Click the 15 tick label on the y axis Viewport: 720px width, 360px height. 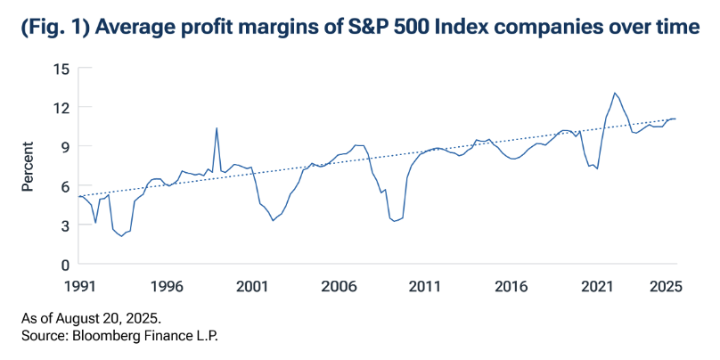pos(61,68)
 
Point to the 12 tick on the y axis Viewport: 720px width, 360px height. pos(61,107)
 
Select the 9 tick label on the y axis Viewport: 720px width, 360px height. pos(64,146)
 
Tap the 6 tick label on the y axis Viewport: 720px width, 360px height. pos(64,185)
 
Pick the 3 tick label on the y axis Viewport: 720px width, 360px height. pos(64,225)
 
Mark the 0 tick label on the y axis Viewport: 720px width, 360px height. pos(64,265)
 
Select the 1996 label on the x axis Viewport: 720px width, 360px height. pos(167,287)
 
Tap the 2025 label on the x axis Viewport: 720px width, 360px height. pos(667,287)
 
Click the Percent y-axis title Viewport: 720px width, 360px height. pos(28,166)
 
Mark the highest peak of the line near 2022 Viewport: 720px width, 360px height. pos(615,93)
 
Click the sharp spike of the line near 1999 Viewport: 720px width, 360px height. pos(216,127)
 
